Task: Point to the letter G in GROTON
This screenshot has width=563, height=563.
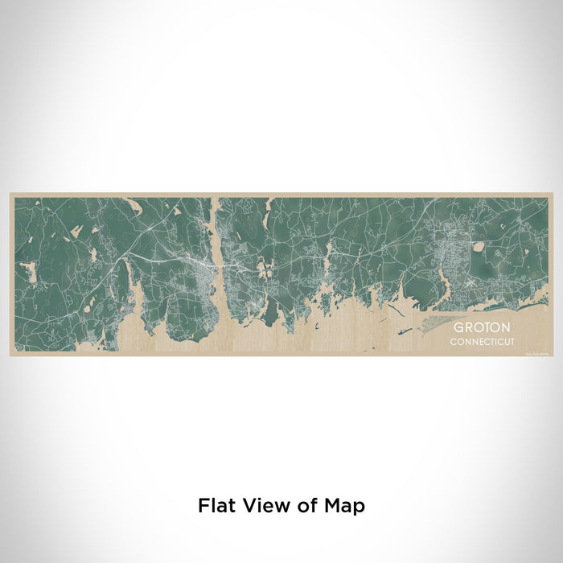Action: coord(457,328)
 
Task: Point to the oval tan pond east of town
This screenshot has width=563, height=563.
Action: coord(479,247)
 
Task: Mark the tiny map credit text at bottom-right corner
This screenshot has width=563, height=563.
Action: coord(536,352)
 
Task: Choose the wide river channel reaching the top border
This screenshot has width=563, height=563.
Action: coord(216,213)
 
